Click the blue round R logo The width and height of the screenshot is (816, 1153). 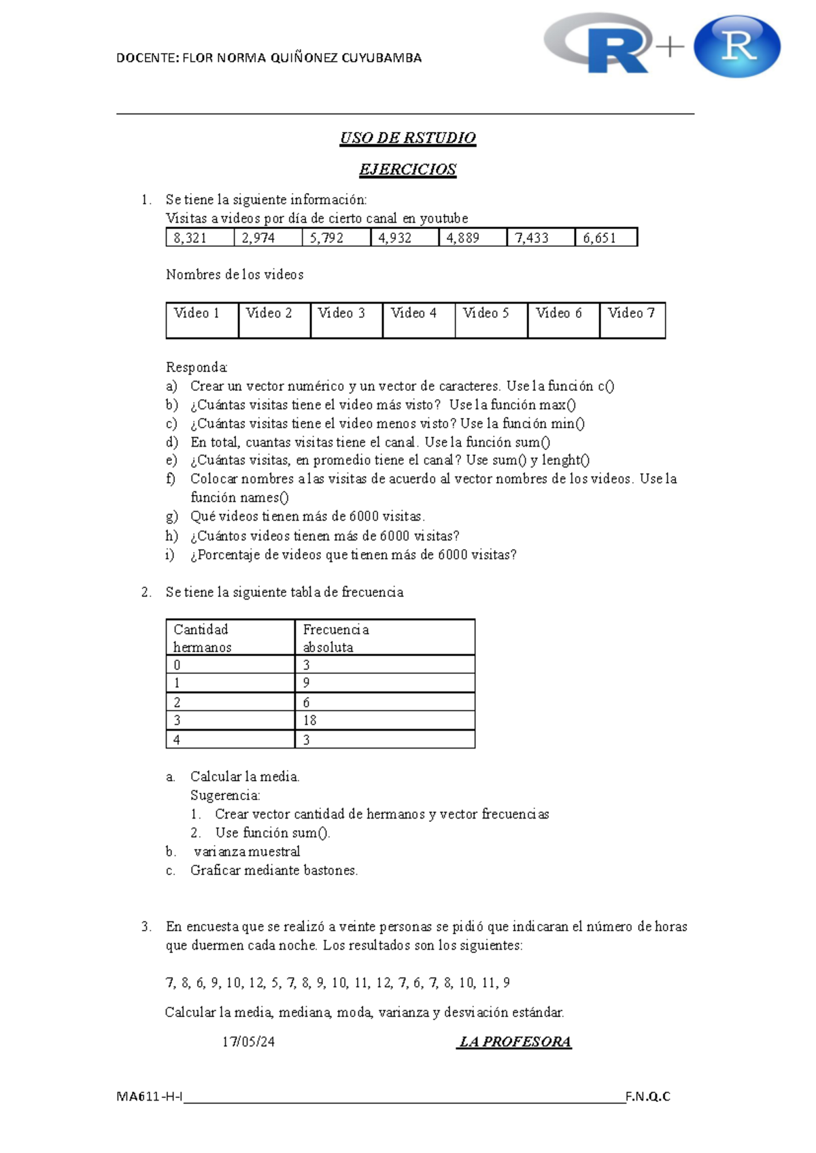pyautogui.click(x=737, y=46)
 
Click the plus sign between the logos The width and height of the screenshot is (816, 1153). pyautogui.click(x=670, y=47)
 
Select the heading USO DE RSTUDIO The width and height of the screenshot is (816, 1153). pyautogui.click(x=407, y=138)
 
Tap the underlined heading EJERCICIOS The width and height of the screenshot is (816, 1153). pyautogui.click(x=407, y=169)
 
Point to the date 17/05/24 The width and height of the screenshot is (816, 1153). pyautogui.click(x=248, y=1042)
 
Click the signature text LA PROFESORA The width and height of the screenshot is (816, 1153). pyautogui.click(x=515, y=1042)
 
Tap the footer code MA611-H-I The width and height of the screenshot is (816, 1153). pyautogui.click(x=149, y=1097)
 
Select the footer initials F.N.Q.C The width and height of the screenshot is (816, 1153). pyautogui.click(x=647, y=1097)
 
